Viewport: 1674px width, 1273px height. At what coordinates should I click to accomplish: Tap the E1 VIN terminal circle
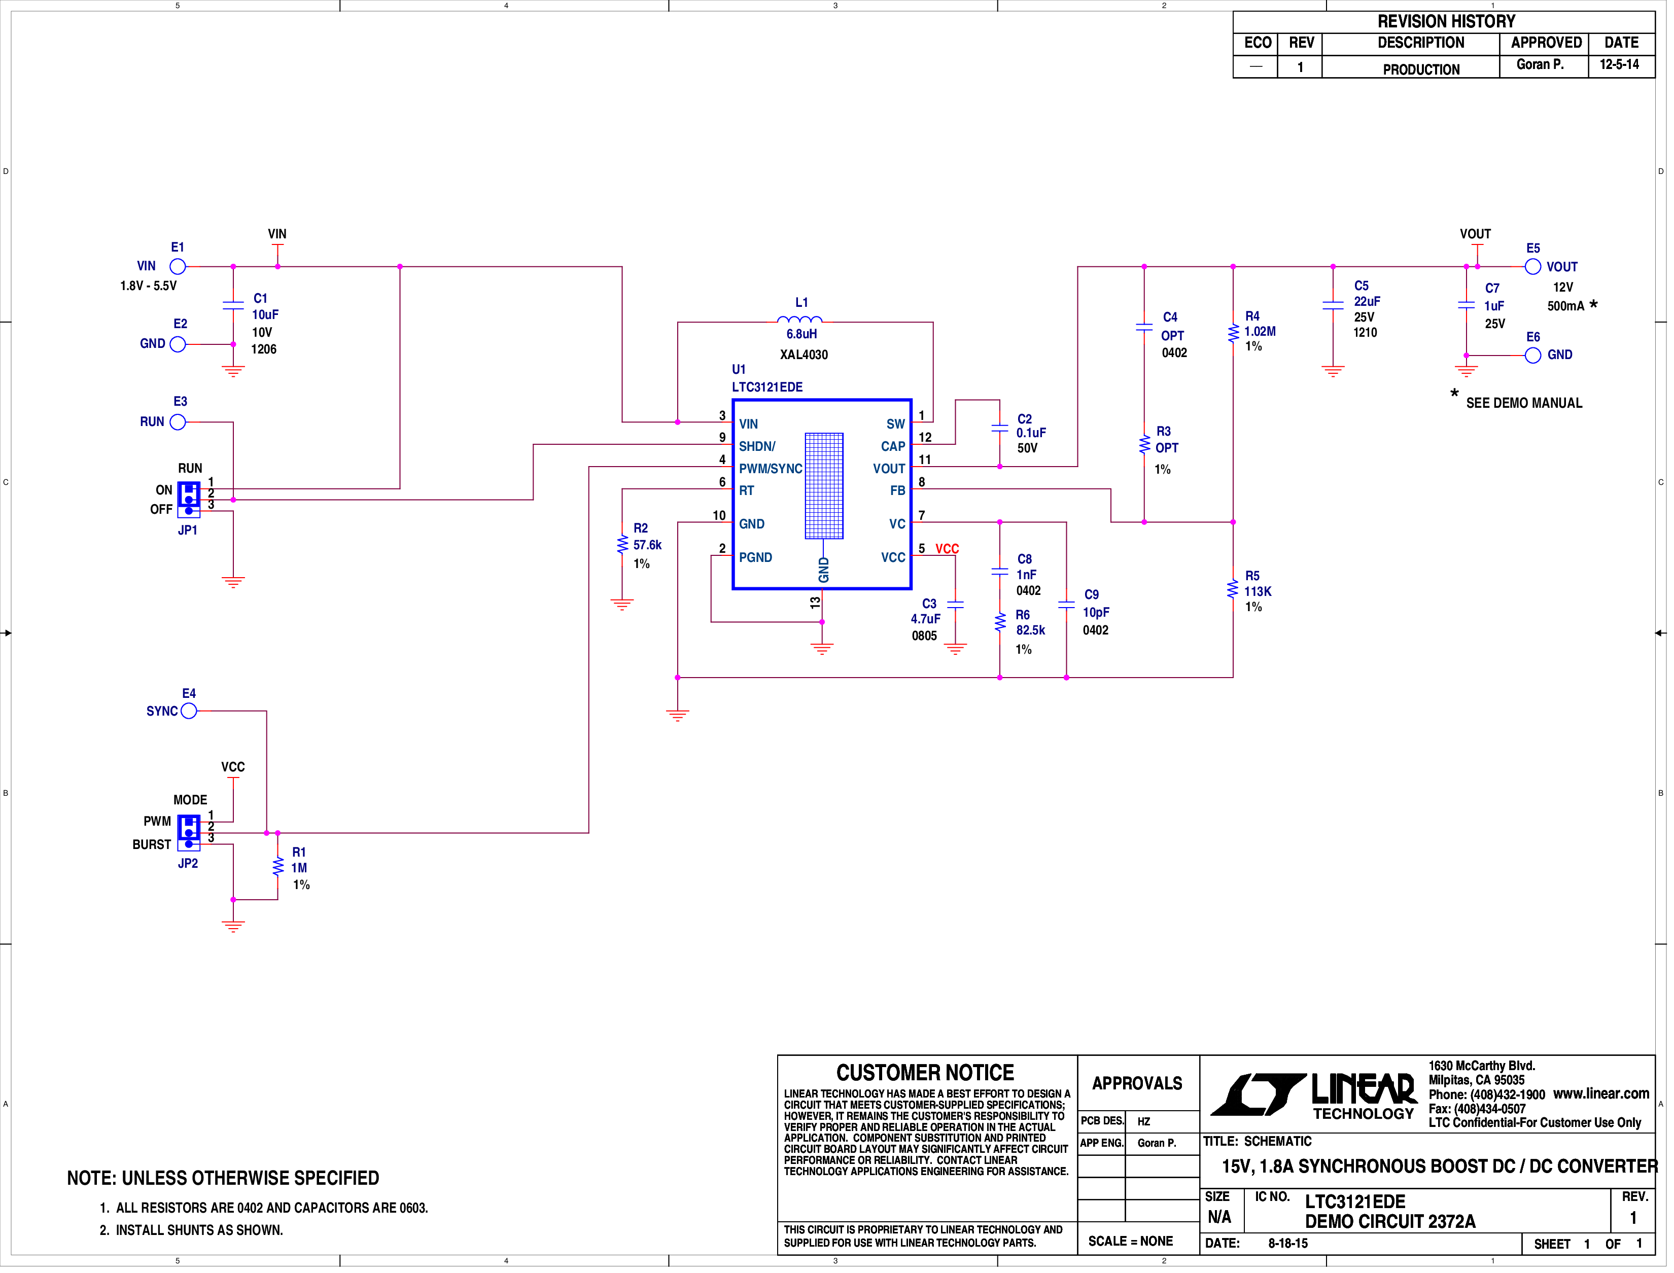(178, 267)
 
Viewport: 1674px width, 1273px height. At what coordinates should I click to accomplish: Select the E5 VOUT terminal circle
(1539, 267)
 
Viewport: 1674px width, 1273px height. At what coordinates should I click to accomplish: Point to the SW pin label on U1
(899, 426)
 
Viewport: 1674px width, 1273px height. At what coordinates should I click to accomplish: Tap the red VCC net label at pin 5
(951, 551)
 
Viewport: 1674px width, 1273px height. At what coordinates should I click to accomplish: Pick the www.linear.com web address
(1608, 1098)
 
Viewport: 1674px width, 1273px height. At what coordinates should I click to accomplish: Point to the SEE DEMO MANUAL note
(1531, 405)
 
